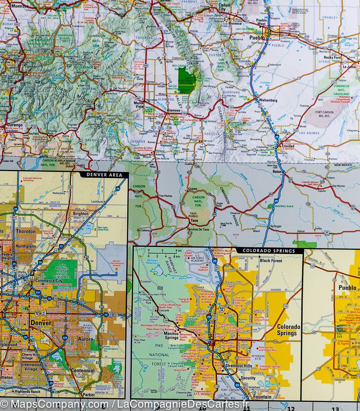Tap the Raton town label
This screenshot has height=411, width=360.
(x=277, y=172)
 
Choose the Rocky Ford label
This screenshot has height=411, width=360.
(x=333, y=58)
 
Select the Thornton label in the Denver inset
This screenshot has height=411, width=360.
(x=25, y=231)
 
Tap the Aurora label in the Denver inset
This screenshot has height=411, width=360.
(x=85, y=339)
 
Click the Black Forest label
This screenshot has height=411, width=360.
(x=271, y=260)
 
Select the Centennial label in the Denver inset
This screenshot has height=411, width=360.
(x=83, y=370)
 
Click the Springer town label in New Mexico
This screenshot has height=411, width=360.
(x=276, y=226)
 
